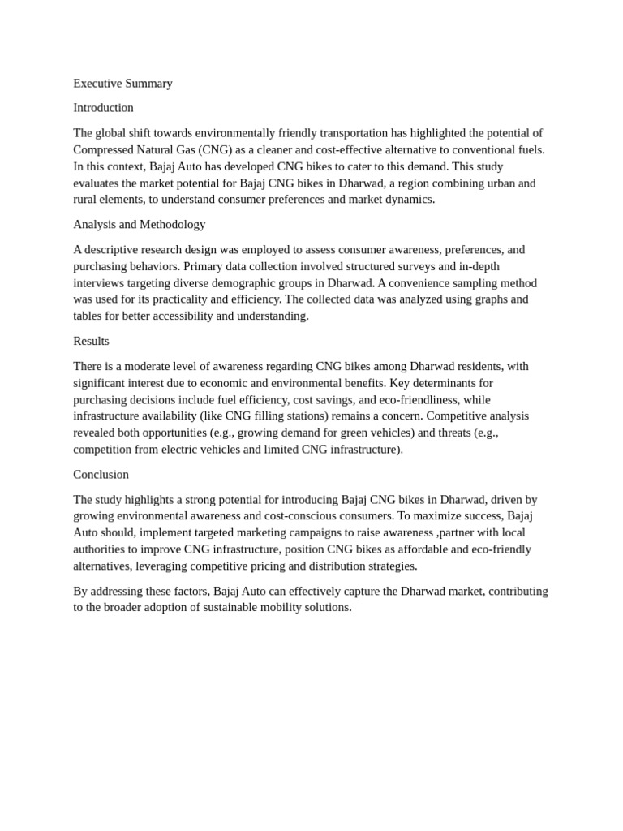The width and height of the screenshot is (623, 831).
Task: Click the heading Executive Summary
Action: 122,83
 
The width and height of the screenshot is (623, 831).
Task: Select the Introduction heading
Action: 103,107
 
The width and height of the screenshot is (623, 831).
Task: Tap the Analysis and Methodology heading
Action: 139,224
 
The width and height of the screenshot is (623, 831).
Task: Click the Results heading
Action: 91,341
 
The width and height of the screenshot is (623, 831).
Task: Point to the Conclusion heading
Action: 101,474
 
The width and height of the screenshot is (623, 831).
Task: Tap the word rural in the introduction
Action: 86,199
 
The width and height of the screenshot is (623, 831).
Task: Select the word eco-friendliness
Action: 411,399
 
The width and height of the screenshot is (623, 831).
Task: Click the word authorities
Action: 102,549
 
